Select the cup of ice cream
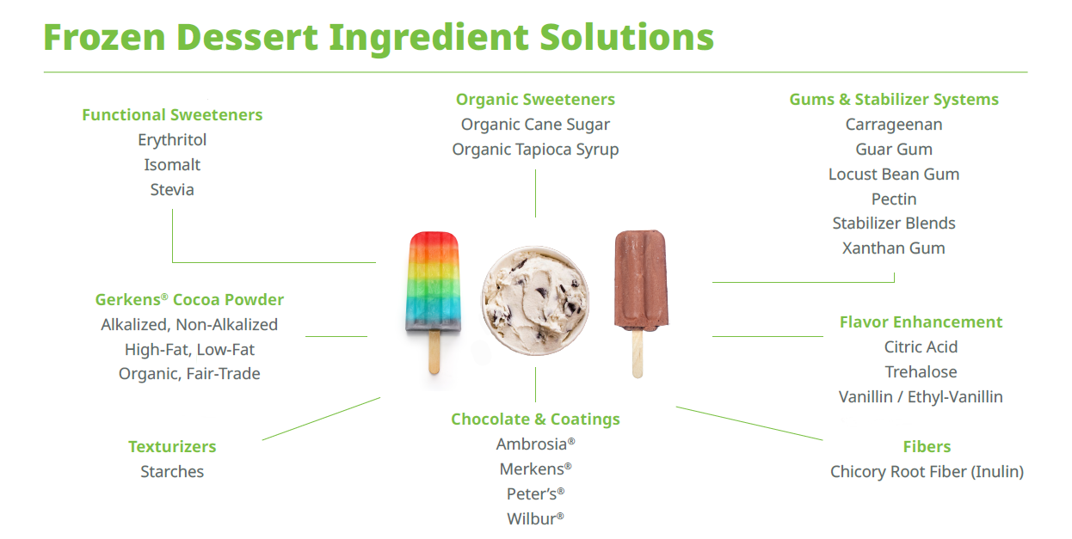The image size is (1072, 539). click(x=535, y=300)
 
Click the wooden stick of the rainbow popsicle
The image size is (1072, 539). click(x=434, y=352)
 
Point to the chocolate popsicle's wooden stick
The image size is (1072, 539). click(x=638, y=354)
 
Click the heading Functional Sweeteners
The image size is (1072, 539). click(x=172, y=115)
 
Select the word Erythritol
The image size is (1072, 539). click(x=172, y=139)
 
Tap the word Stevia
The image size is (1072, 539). click(x=172, y=189)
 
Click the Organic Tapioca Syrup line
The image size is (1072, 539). click(x=535, y=150)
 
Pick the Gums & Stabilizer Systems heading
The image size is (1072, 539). click(x=894, y=100)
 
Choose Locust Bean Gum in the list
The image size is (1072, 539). click(x=894, y=175)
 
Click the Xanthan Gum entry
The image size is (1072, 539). click(x=894, y=248)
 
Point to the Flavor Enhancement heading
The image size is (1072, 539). click(x=921, y=322)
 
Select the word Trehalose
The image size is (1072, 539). click(x=921, y=371)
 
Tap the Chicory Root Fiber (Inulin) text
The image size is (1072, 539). click(x=927, y=472)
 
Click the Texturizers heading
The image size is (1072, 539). click(x=172, y=447)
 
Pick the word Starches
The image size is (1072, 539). click(x=172, y=472)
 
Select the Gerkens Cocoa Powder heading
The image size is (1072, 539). click(x=189, y=299)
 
